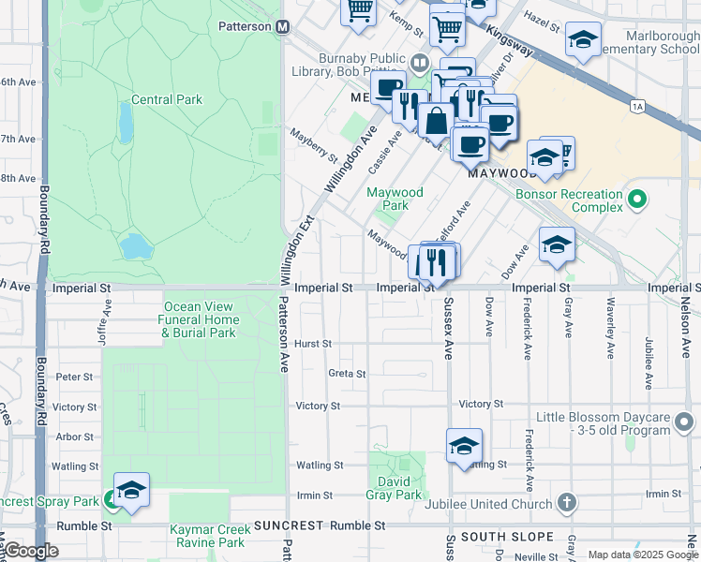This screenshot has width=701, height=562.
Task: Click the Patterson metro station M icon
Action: [281, 27]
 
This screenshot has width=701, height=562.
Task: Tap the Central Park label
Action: [167, 99]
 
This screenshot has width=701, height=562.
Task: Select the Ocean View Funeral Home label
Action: [200, 319]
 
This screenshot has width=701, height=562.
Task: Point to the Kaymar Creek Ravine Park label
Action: [207, 536]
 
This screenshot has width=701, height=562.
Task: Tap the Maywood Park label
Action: [395, 199]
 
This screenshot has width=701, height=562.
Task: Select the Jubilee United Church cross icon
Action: [566, 503]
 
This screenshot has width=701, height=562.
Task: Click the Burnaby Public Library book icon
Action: [420, 64]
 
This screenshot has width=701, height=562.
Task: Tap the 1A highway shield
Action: [638, 107]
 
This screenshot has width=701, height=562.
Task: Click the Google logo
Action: [31, 551]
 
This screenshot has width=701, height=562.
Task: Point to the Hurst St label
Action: [313, 344]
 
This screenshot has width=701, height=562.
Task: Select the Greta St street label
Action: [346, 373]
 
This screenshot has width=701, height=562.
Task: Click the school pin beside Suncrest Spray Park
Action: [131, 490]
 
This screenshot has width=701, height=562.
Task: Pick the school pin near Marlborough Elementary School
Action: [583, 39]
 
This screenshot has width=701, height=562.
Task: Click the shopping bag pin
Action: [437, 121]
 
